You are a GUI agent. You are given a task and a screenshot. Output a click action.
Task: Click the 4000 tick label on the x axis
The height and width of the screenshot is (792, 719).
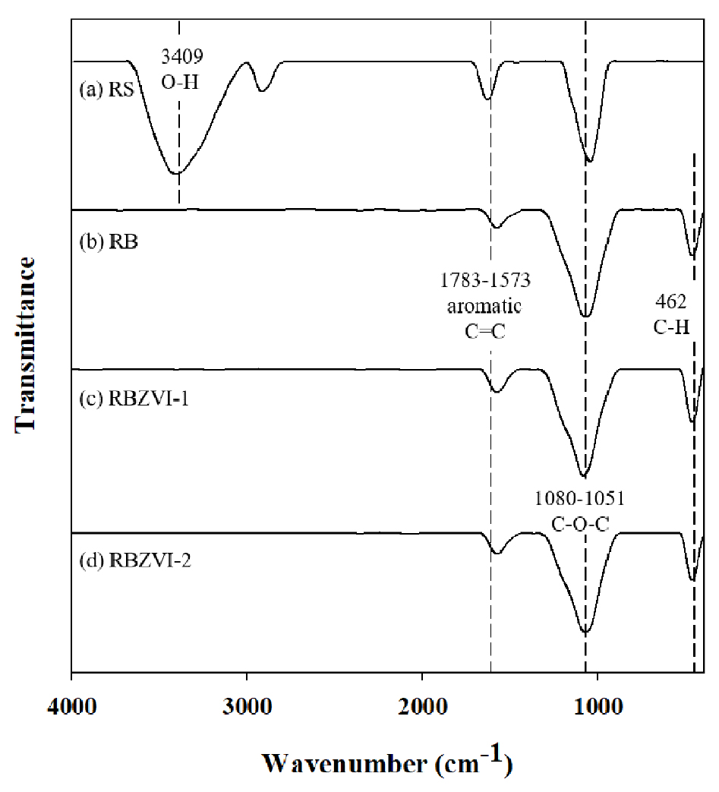coord(71,706)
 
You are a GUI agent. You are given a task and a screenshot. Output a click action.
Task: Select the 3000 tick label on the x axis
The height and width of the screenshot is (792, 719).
coord(247,706)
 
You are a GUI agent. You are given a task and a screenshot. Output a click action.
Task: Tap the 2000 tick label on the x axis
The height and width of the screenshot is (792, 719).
coord(422,706)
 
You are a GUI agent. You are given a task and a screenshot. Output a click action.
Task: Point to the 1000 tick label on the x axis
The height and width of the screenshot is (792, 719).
coord(598,706)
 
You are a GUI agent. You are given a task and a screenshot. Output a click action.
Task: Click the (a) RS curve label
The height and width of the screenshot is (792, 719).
coord(106,90)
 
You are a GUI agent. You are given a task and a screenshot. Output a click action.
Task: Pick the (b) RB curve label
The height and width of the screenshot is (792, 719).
coord(109,241)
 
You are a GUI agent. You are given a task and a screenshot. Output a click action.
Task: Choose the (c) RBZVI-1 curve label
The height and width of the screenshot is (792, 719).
coord(134,399)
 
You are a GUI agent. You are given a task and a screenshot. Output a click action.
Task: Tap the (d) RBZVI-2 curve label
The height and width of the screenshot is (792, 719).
coord(135,560)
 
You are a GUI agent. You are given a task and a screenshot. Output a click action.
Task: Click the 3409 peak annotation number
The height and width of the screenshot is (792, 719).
coord(182,56)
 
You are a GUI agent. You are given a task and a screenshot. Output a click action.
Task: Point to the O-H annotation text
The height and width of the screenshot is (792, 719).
coord(180,82)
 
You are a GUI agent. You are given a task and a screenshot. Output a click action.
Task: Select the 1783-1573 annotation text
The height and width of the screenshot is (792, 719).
coord(485,280)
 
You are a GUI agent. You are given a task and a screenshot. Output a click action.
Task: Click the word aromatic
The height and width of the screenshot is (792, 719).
coord(484,306)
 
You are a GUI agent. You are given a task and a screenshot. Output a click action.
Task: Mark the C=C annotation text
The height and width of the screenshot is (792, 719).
coord(484,331)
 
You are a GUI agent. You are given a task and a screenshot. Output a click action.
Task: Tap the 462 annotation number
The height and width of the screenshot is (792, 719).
coord(671,301)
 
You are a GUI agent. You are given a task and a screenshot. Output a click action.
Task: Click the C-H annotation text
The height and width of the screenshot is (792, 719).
coord(671,327)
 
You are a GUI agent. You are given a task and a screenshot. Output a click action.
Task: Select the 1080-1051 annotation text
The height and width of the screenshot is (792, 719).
coord(579,499)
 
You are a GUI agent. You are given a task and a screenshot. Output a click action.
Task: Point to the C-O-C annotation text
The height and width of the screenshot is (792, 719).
coord(580,524)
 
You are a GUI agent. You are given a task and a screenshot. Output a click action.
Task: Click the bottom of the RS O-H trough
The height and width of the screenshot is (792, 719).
coord(176,173)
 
